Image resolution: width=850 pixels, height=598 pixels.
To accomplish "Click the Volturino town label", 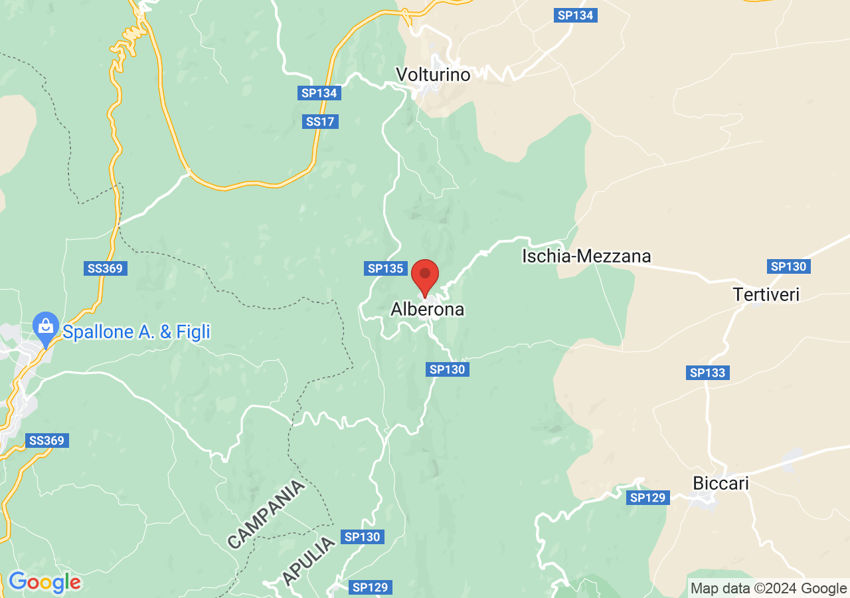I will pos(432,74).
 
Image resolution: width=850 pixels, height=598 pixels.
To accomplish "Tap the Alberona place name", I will pos(427,310).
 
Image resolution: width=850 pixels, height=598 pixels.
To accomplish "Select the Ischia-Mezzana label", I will pos(586,256).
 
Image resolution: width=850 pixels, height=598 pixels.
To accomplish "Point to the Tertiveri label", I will pos(766,294).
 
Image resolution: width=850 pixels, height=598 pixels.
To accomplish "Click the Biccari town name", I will pos(721,484).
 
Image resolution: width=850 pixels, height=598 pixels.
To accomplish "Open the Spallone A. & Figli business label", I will pos(136,332).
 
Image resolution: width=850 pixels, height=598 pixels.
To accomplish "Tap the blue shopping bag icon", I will pos(45,327).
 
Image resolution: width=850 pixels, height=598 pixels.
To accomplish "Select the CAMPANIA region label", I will pos(266,514).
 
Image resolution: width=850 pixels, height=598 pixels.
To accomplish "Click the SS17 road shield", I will pos(321,122).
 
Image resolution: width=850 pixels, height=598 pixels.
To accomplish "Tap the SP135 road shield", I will pos(386,268).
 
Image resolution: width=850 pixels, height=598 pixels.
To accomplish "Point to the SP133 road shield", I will pos(707,373).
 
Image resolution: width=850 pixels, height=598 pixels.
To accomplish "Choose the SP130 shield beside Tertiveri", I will pos(788,266).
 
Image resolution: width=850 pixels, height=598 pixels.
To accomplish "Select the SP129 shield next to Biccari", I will pos(647,498).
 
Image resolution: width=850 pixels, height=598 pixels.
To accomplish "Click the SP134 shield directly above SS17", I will pos(319,93).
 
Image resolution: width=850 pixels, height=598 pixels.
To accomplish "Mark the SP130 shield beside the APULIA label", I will pos(362,536).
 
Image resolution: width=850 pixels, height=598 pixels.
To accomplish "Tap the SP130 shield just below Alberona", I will pos(447,369).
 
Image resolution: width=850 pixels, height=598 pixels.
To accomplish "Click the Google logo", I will pos(44,583).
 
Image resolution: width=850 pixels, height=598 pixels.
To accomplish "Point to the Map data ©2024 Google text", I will pos(768,588).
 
